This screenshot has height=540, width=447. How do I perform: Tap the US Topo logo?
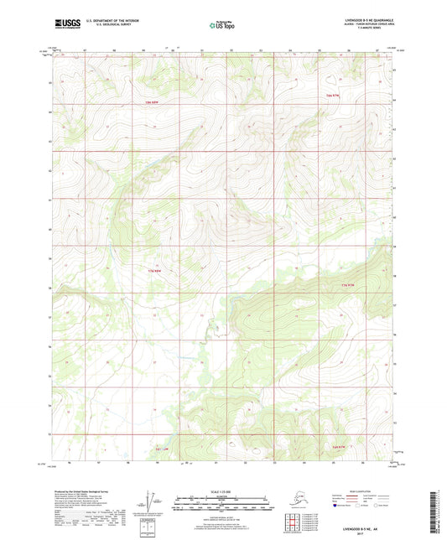(x=222, y=25)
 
